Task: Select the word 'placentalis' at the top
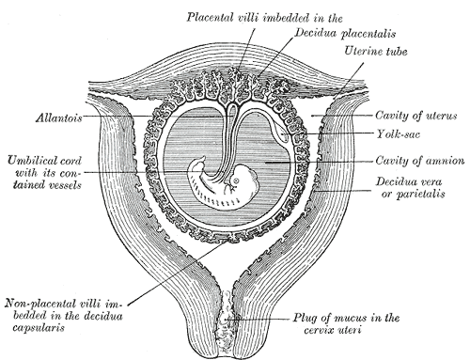(x=302, y=32)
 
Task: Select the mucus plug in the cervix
(x=228, y=323)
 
